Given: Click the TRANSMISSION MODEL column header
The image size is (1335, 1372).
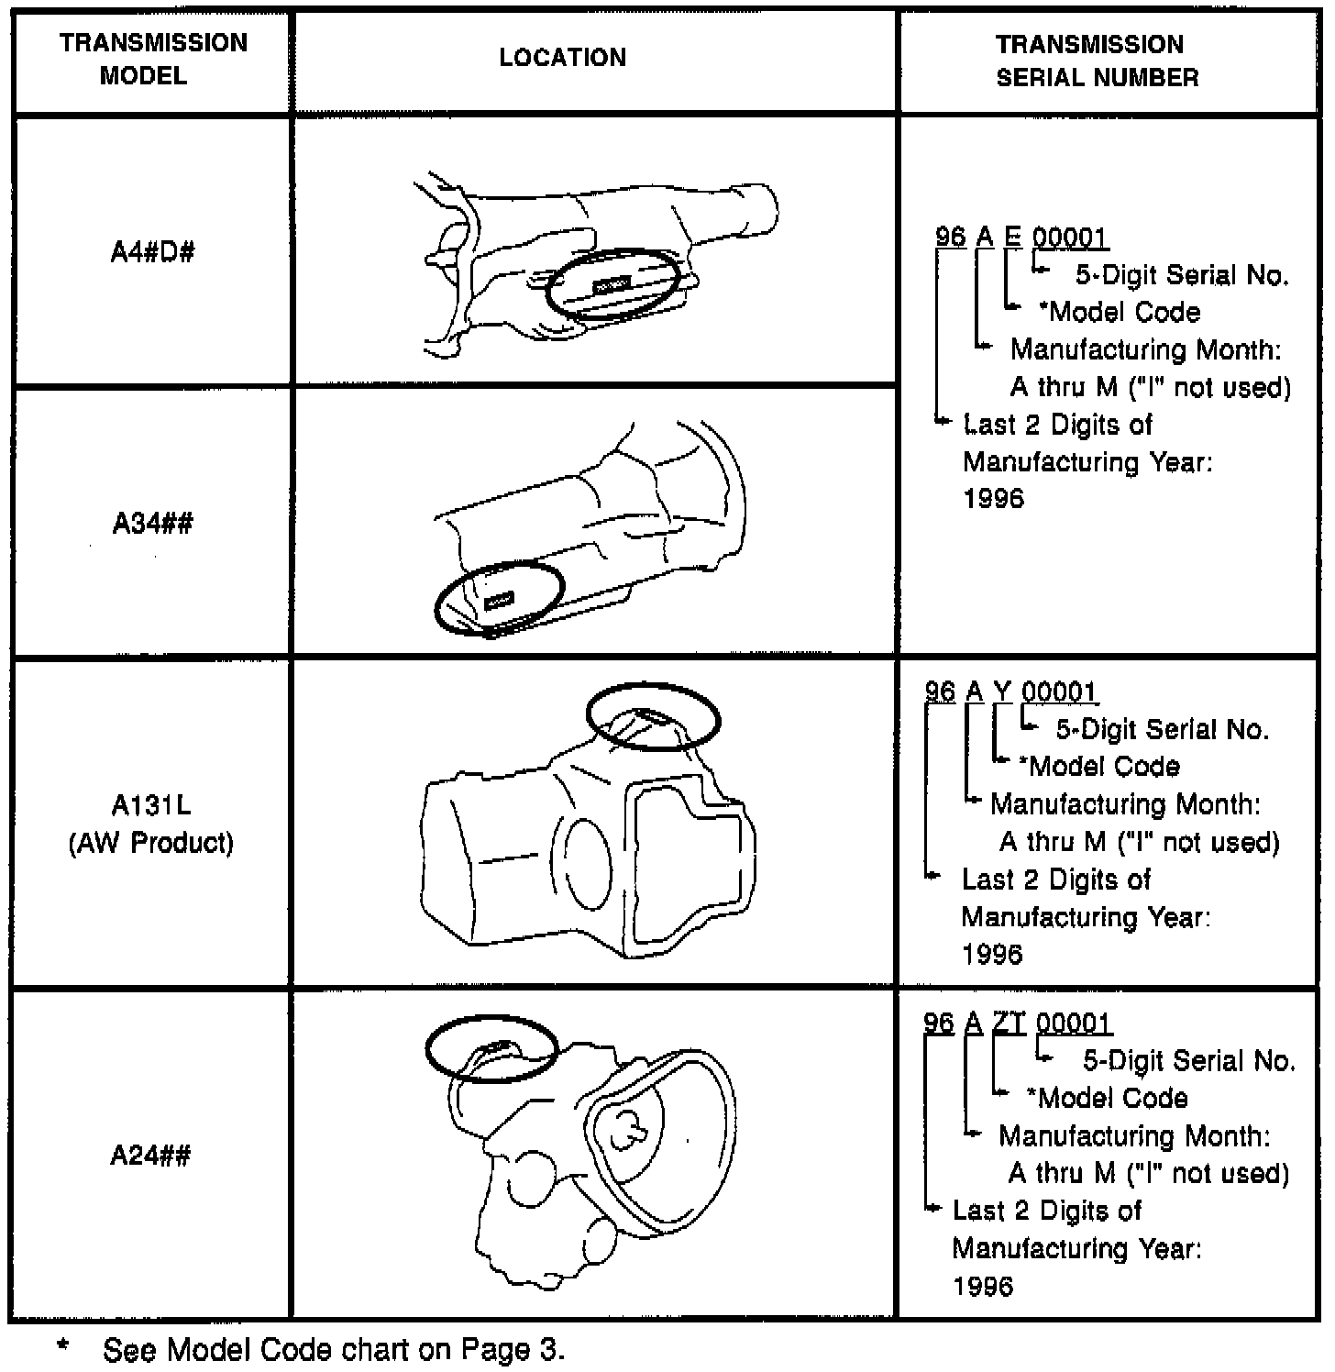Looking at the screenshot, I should click(153, 59).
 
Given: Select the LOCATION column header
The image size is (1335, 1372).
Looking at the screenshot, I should click(562, 57).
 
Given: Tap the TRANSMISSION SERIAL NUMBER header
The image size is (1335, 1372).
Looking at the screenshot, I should click(1097, 61).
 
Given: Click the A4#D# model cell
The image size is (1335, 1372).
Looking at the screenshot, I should click(152, 252).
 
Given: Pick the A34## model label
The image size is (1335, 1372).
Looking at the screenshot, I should click(152, 523).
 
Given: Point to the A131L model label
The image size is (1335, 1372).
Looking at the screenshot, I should click(151, 805).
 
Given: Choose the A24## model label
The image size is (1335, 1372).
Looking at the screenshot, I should click(150, 1155).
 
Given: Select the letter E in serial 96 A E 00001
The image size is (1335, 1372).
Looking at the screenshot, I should click(1012, 237).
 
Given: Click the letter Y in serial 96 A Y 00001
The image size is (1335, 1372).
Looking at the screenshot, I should click(1002, 691).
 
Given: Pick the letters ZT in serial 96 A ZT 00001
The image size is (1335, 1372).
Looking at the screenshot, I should click(1009, 1023).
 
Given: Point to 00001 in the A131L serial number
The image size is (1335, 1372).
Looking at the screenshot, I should click(1059, 691).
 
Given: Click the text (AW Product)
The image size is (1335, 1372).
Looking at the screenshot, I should click(151, 843).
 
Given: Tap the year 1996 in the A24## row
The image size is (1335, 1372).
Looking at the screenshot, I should click(983, 1286).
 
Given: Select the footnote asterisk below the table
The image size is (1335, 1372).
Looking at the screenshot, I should click(63, 1346).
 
